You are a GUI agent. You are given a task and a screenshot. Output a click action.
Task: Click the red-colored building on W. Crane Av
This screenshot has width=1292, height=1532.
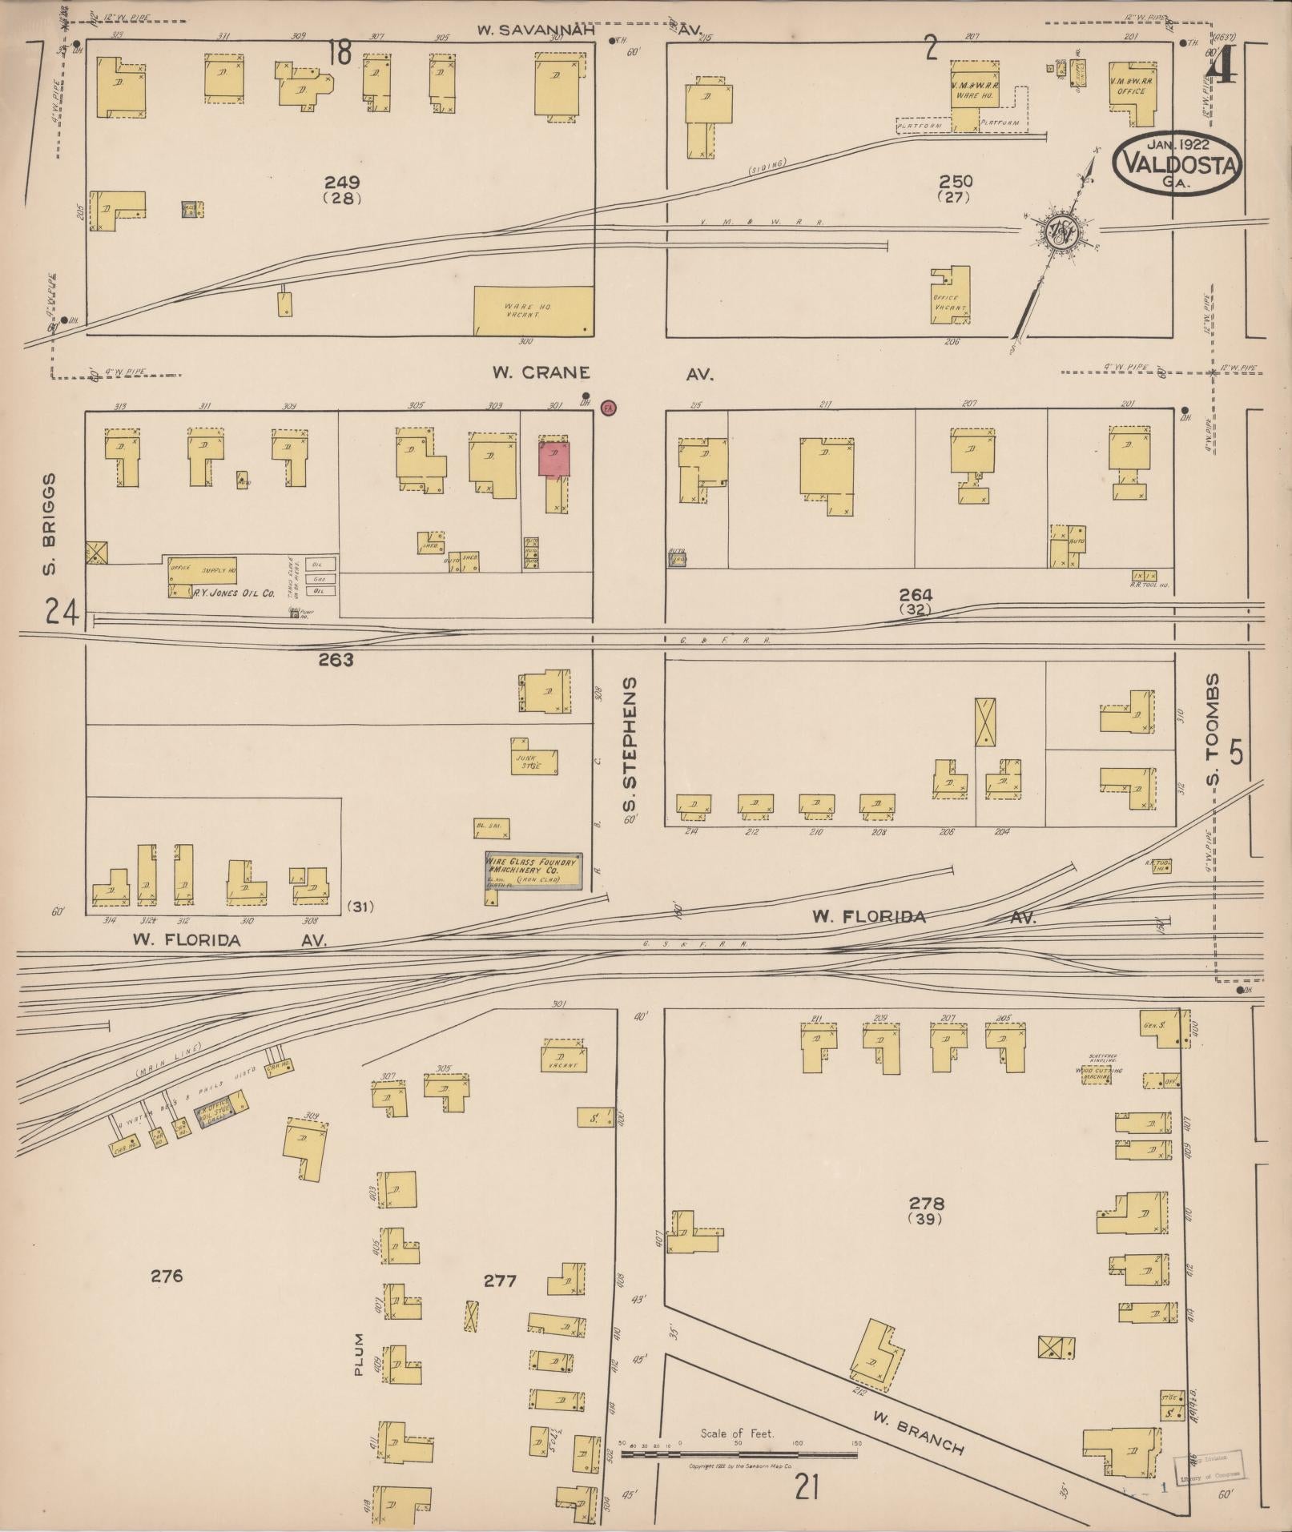pos(553,460)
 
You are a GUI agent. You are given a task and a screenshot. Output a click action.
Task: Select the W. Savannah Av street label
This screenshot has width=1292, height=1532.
pos(589,30)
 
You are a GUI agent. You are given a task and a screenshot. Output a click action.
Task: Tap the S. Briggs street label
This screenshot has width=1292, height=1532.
pos(50,525)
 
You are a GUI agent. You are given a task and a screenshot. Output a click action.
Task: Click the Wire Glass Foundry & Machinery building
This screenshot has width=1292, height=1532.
pos(533,870)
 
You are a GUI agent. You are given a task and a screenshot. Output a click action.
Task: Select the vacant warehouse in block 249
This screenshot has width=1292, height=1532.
pos(533,310)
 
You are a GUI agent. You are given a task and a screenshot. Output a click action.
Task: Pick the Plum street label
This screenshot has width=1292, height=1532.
pos(358,1354)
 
